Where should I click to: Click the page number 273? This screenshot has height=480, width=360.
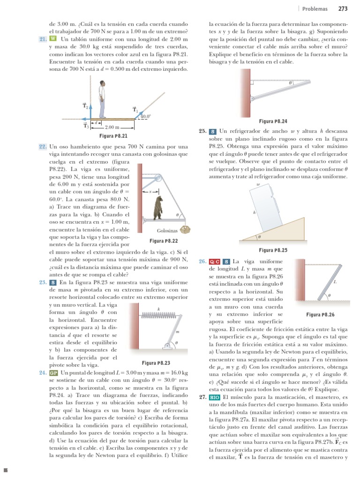point(343,8)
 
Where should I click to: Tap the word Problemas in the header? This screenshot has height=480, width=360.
point(315,8)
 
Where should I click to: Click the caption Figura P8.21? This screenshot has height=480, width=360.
point(111,136)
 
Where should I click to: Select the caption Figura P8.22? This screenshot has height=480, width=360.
point(164,240)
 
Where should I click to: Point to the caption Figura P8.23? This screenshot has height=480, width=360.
point(156,363)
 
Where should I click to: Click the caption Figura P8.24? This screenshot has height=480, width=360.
point(273,120)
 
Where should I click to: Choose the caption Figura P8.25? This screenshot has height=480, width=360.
point(273,250)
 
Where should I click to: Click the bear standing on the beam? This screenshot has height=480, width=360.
point(159,208)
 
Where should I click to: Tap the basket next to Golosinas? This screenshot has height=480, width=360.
point(187,229)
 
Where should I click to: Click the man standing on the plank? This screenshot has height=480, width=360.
point(103,98)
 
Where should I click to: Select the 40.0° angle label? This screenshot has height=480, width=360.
point(145,116)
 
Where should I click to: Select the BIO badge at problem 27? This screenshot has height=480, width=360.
point(215,397)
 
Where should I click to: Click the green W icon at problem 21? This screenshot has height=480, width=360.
point(52,38)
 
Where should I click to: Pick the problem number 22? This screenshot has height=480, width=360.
point(42,147)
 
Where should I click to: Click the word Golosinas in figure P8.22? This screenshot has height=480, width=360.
point(167,230)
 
